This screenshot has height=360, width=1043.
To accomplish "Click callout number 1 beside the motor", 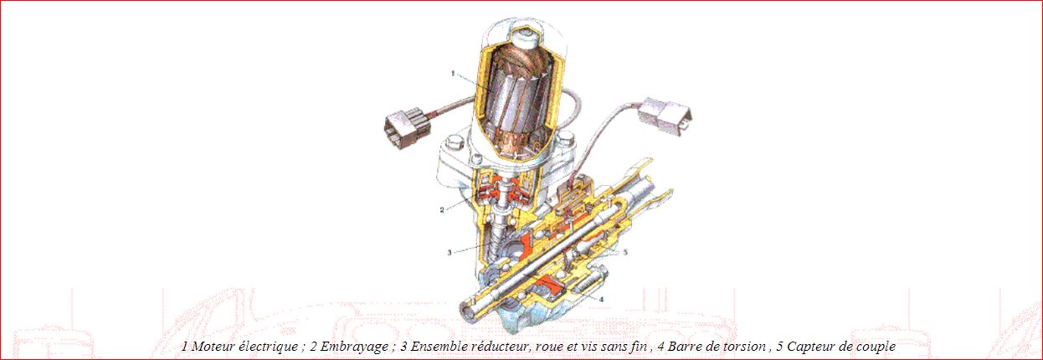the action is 453,73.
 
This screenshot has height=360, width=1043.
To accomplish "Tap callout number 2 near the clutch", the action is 442,210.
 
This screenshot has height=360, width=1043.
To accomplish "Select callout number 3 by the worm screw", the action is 450,253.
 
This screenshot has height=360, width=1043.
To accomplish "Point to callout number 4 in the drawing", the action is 601,299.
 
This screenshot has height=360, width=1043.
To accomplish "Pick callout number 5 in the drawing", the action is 625,252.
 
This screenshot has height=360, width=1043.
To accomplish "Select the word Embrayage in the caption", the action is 354,347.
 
